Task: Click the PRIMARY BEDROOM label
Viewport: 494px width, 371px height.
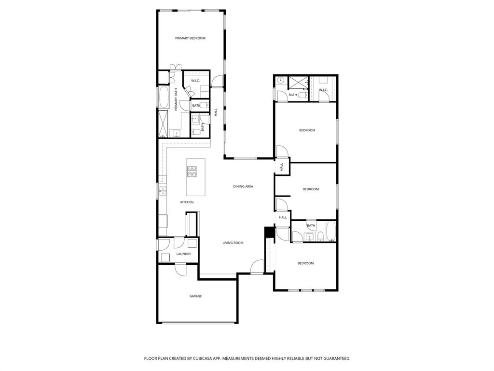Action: coord(190,38)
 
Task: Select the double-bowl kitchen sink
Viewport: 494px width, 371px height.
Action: coord(163,190)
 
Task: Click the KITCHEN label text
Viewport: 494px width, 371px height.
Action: coord(187,202)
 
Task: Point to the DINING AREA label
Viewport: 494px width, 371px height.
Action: coord(243,186)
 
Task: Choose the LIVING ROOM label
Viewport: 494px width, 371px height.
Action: coord(233,243)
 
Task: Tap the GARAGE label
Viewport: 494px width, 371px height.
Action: coord(195,296)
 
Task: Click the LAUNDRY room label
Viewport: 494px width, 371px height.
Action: coord(183,254)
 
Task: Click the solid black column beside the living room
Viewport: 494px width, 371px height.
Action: coord(269,233)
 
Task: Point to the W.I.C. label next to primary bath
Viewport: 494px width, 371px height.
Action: coord(195,81)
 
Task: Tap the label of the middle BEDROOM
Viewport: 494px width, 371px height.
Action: coord(311,189)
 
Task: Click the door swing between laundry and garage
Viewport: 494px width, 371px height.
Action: coord(180,270)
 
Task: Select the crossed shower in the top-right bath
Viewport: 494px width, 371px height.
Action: coord(298,82)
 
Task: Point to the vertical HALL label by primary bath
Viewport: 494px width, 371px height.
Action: coord(216,113)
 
